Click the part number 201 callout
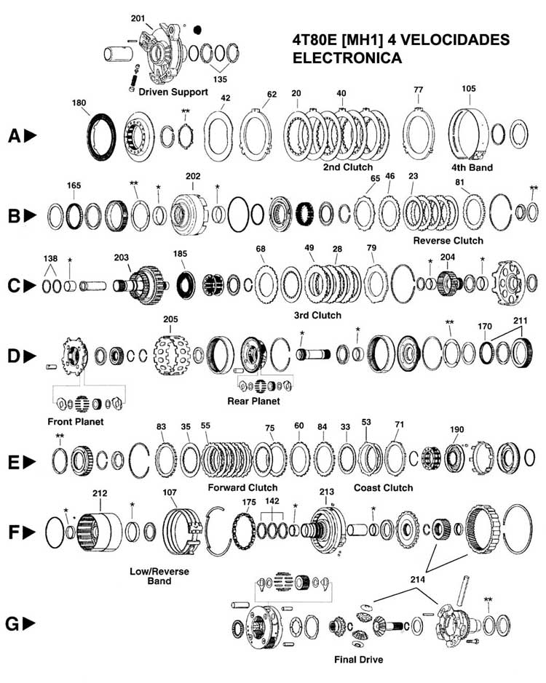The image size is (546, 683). (138, 18)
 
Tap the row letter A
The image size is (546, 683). (15, 136)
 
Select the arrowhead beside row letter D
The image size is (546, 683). (30, 356)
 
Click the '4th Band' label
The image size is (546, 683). (472, 168)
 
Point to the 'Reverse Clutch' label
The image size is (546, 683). (448, 241)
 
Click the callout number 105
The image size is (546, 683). (469, 89)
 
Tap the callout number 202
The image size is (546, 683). (193, 176)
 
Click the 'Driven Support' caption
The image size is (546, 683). (173, 92)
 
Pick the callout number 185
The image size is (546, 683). (180, 254)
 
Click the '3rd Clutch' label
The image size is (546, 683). (317, 315)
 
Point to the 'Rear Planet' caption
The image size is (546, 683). (253, 401)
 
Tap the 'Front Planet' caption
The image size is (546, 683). (76, 422)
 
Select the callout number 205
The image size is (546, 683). (170, 319)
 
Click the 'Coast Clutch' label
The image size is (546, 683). (384, 488)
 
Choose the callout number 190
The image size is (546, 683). (456, 429)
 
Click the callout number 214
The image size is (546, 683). (417, 579)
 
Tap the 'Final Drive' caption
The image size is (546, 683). (358, 660)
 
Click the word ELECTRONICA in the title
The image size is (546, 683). (347, 58)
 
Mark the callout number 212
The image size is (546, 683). (100, 493)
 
